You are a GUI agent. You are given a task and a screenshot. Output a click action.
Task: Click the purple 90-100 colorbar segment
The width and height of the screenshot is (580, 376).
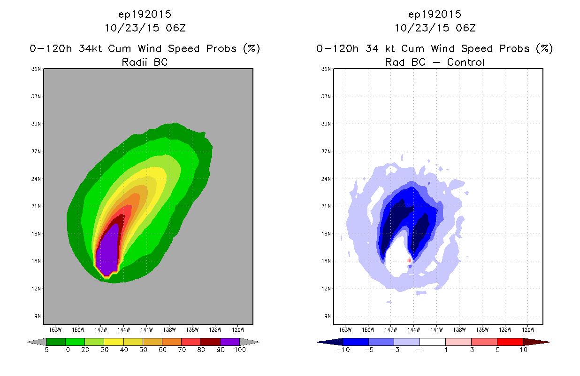coord(230,342)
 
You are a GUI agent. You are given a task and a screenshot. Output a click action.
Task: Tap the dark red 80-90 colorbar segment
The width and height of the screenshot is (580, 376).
coord(211,342)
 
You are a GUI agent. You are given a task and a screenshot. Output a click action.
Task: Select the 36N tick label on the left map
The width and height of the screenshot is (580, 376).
coord(36,69)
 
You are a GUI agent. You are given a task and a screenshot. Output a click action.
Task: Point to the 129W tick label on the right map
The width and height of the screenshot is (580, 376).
coord(528,330)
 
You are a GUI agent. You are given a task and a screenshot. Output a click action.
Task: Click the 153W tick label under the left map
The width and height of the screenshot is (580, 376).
coord(55,330)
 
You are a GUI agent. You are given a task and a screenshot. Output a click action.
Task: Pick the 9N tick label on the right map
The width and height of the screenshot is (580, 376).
coord(328,316)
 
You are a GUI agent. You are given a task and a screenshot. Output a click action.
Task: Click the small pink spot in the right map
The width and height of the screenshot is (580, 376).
coord(409,260)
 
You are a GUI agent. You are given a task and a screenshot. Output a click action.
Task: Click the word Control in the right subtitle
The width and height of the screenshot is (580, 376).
coord(466,63)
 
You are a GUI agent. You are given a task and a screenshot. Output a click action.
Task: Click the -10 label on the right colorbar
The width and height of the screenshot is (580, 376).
coord(343,350)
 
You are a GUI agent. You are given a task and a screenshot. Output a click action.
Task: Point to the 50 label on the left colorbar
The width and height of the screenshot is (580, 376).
coord(143,350)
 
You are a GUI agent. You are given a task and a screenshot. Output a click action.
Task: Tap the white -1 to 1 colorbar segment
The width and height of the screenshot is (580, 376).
coord(433,342)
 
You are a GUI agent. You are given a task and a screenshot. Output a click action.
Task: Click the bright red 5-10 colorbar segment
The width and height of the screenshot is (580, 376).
coord(510,342)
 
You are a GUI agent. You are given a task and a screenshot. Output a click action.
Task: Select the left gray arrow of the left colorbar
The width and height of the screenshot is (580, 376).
coord(37,342)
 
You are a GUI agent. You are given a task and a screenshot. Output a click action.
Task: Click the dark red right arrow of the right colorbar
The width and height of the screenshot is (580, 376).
coord(536,342)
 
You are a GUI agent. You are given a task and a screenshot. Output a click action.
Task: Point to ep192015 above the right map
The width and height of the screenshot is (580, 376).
coord(435,15)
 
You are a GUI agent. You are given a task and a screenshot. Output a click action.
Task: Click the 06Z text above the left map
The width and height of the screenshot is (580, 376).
coord(176,28)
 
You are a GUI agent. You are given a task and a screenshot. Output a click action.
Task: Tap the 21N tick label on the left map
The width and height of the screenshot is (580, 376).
coord(36,206)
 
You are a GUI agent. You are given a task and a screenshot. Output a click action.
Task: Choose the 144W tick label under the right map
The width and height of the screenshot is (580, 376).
coord(413,330)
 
